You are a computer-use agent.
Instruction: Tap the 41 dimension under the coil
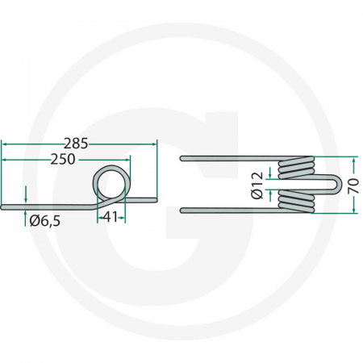click(112, 217)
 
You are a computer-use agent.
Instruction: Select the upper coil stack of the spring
click(295, 167)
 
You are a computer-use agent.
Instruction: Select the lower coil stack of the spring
click(295, 202)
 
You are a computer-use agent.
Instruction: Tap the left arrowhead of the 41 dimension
click(100, 217)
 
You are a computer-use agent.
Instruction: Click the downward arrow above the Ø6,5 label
click(26, 193)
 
